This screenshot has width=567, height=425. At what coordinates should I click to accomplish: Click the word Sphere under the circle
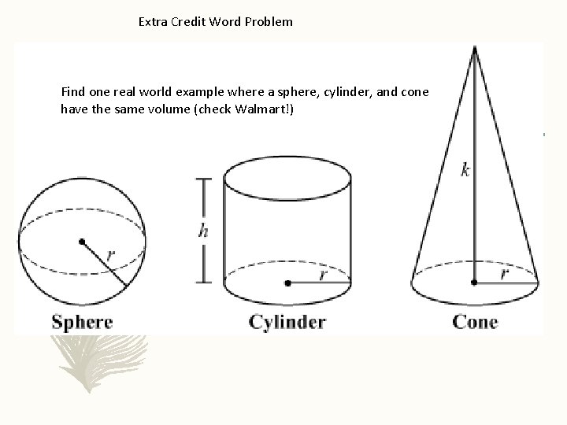point(83,322)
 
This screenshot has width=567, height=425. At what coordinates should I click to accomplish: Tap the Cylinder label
point(287,321)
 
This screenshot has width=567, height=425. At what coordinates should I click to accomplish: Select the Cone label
point(475,321)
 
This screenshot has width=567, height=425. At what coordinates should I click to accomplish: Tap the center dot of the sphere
point(81,242)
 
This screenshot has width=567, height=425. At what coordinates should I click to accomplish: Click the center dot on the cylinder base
point(289,281)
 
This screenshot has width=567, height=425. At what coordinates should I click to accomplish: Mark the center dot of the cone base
point(474,280)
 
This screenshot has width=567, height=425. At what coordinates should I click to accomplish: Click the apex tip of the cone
point(474,46)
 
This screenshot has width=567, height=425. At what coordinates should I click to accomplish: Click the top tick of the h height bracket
point(204,179)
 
